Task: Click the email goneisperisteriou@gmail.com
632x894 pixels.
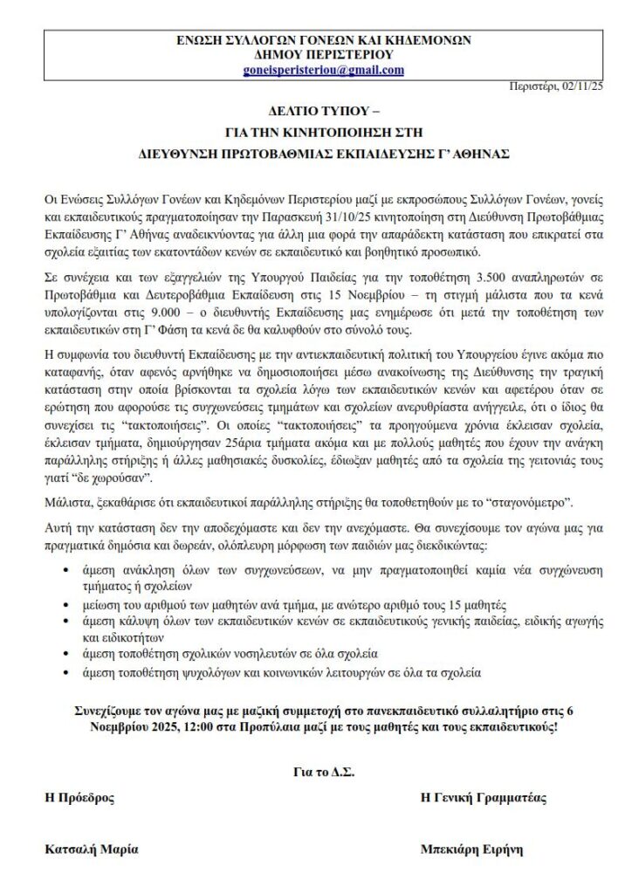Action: click(x=324, y=71)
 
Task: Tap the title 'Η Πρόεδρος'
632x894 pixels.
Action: click(x=79, y=798)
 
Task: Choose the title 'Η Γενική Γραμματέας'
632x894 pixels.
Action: click(x=483, y=798)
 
